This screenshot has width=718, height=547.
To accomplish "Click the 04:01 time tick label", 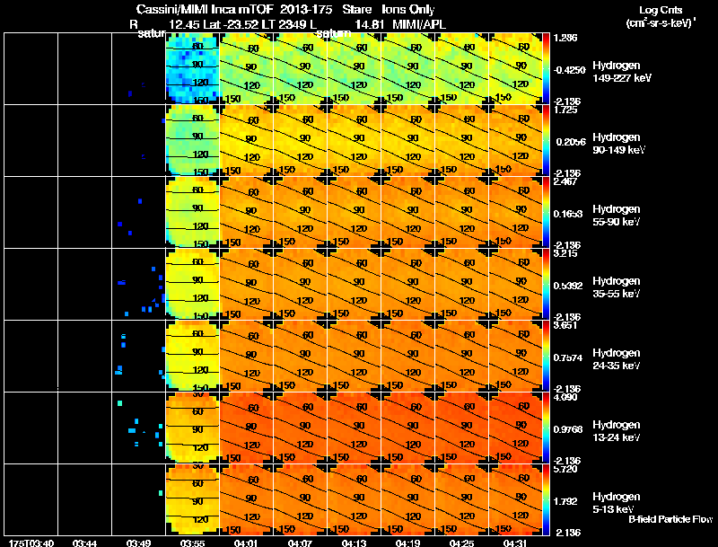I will coord(246,543).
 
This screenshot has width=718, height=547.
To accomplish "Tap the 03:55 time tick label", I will coord(192,543).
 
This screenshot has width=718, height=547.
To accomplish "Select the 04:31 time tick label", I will coord(515,543).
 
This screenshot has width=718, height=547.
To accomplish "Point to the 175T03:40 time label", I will coord(31,543).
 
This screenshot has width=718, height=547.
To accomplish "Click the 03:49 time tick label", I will coord(138,543).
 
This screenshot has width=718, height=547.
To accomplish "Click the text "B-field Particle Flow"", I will coord(670,519).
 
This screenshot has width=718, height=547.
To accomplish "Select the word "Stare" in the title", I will coord(346,8).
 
